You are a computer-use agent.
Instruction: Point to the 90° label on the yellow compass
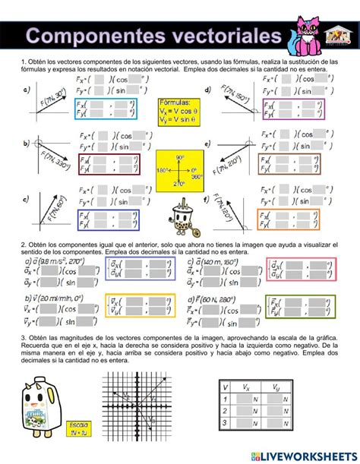[x=179, y=157]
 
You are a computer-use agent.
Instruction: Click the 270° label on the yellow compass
[x=179, y=183]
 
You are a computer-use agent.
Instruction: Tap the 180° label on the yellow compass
[x=162, y=170]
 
